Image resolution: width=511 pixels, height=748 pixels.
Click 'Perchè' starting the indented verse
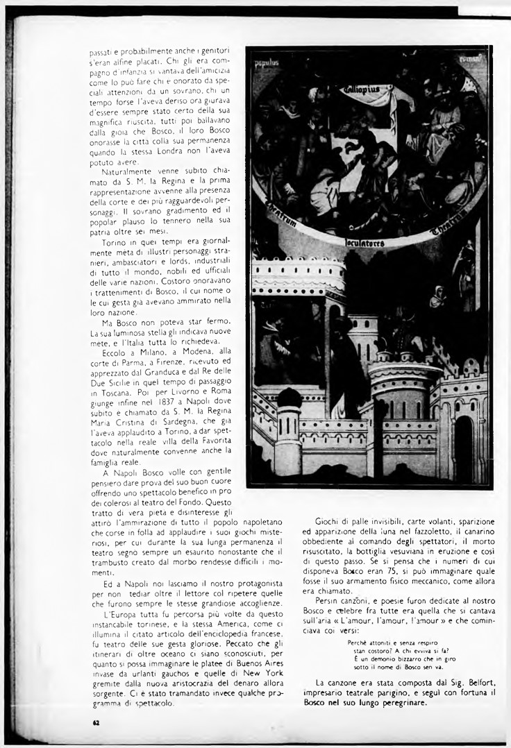[359, 643]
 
